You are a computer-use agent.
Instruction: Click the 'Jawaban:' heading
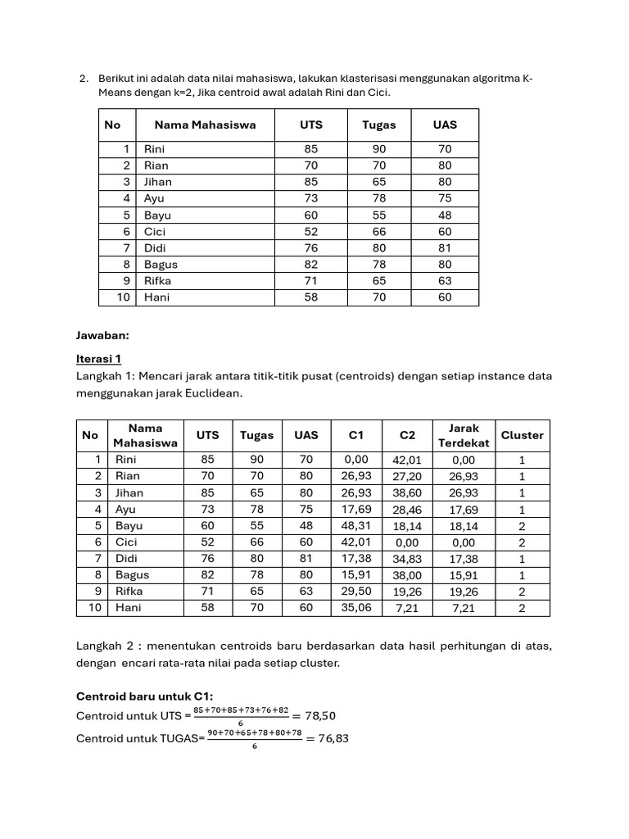(102, 334)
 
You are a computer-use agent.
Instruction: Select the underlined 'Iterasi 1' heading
(98, 359)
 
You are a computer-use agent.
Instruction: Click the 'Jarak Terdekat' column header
(464, 435)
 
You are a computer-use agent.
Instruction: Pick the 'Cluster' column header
(522, 435)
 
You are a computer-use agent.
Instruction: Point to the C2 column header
(407, 435)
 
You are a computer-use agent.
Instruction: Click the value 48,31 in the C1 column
(355, 526)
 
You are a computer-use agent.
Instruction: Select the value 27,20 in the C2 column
(407, 476)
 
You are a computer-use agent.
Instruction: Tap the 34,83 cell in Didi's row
(407, 559)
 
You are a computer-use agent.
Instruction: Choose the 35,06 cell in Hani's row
(355, 608)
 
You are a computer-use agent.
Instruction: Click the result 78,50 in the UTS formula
(319, 715)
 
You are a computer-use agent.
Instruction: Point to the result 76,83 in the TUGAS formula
(332, 738)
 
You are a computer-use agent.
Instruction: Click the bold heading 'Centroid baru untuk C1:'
(144, 696)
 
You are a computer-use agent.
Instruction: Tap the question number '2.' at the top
(84, 79)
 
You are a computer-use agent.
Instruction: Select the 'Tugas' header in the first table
(378, 125)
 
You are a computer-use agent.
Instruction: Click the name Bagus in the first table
(161, 265)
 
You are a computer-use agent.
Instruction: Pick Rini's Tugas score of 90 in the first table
(378, 149)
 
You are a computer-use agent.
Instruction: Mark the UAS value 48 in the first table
(445, 215)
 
